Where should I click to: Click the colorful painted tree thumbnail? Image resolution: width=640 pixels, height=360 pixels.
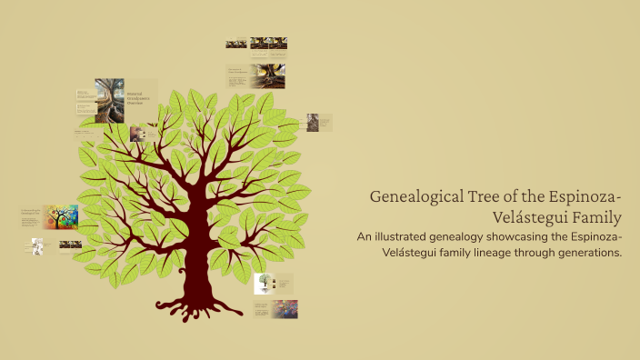pyautogui.click(x=61, y=216)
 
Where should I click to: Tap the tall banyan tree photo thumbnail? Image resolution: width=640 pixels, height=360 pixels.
pyautogui.click(x=110, y=100)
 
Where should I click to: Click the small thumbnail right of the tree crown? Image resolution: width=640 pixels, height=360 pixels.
pyautogui.click(x=312, y=122)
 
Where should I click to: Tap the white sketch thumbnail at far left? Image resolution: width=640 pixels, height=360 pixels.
pyautogui.click(x=37, y=246)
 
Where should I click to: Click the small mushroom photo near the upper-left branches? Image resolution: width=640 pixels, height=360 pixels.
pyautogui.click(x=137, y=134)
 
